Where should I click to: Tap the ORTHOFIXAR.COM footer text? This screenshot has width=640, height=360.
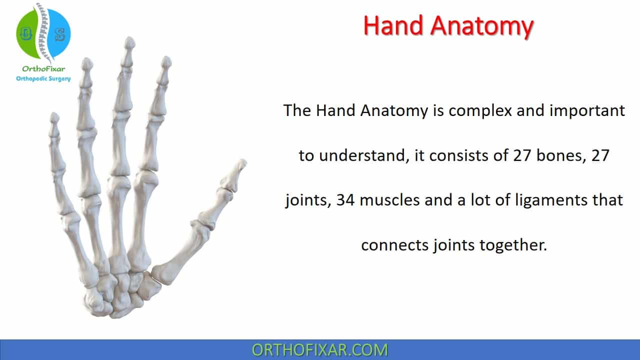(319, 350)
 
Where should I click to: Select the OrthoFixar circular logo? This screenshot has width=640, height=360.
(43, 31)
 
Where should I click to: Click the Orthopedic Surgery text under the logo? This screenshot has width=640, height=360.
(43, 78)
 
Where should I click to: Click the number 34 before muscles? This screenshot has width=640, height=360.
(345, 200)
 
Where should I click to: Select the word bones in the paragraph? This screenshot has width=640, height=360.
(554, 155)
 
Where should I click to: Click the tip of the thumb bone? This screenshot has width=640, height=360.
(242, 164)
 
